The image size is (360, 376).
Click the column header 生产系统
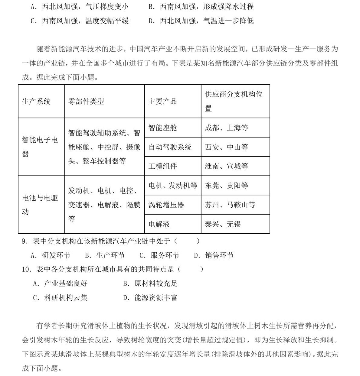36,102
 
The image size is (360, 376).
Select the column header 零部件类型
86,102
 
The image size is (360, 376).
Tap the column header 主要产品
162,102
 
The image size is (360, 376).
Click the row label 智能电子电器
40,147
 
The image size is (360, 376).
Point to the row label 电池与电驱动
40,205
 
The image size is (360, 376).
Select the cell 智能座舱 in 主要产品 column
162,128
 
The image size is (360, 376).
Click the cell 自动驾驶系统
170,147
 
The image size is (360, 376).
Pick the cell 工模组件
162,166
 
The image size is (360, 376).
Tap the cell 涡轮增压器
166,205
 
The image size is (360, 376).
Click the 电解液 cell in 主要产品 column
159,224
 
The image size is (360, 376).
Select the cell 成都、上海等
226,128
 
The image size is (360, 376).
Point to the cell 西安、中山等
226,147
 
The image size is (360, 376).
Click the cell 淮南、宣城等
226,166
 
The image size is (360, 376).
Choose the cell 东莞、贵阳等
226,186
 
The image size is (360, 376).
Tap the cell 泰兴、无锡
223,224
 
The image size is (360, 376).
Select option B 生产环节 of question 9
105,255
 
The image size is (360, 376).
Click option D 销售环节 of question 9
214,255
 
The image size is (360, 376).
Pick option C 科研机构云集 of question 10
60,298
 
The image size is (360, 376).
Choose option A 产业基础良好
60,284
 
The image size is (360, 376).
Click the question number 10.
25,269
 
